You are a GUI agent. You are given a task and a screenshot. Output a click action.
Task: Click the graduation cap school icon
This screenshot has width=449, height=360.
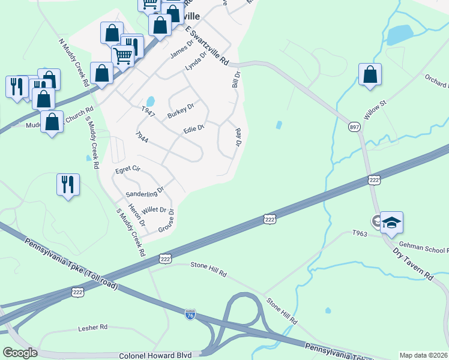tap(391, 223)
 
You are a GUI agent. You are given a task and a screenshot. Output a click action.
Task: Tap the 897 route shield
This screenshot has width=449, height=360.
tap(354, 127)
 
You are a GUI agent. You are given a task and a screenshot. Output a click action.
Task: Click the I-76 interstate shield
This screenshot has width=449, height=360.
tap(190, 316)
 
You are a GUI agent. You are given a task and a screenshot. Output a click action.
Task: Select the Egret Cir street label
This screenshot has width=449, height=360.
tap(127, 170)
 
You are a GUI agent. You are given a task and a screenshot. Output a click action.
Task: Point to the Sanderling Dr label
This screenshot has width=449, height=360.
tap(145, 192)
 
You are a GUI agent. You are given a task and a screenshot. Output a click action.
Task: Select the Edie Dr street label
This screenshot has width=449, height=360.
tap(194, 128)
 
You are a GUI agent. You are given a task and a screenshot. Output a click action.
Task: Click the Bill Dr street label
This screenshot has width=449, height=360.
tap(237, 79)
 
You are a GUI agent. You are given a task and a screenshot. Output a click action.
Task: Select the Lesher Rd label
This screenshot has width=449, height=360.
tap(92, 328)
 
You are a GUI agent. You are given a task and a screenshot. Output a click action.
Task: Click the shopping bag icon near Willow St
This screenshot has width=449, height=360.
tap(370, 75)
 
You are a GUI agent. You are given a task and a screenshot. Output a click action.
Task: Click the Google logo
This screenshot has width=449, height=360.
tap(20, 353)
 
